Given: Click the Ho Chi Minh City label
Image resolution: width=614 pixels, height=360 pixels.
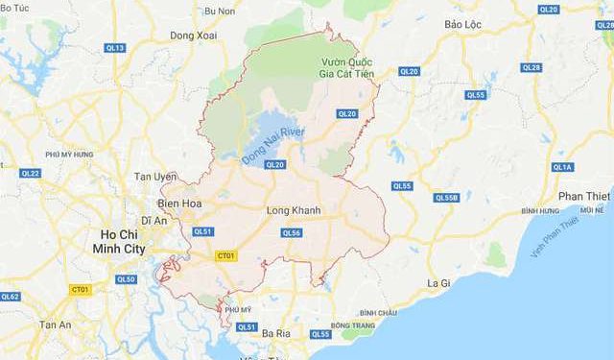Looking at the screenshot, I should [128, 242].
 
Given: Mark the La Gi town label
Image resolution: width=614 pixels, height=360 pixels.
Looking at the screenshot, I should [438, 283].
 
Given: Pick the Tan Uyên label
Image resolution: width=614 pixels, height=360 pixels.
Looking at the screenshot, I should [155, 178].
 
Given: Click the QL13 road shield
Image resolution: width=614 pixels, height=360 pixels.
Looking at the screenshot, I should [116, 47].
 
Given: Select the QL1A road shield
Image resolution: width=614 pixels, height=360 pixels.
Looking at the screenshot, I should [562, 167].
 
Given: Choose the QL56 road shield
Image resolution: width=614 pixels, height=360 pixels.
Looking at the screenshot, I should [292, 232].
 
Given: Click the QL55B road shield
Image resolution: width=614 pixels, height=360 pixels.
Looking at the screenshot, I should [447, 198].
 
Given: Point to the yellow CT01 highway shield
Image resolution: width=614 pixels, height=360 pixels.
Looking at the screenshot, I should [226, 256].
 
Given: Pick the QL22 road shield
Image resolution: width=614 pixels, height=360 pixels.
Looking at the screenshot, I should [31, 173].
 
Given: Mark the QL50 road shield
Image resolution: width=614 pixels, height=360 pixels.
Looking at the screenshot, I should [126, 279].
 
